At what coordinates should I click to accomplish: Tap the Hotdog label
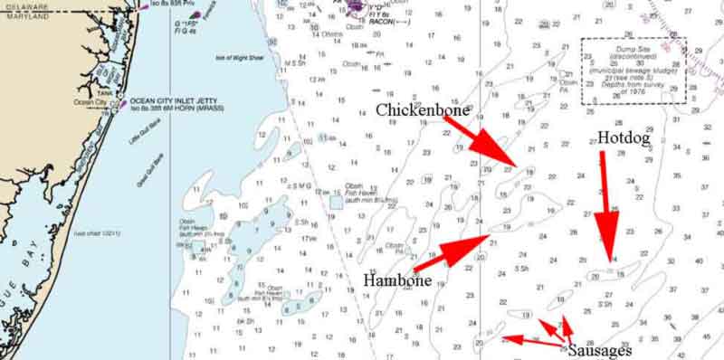point(623,137)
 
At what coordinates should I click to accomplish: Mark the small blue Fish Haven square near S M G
point(336,202)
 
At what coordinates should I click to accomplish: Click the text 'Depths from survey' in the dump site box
point(634,89)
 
